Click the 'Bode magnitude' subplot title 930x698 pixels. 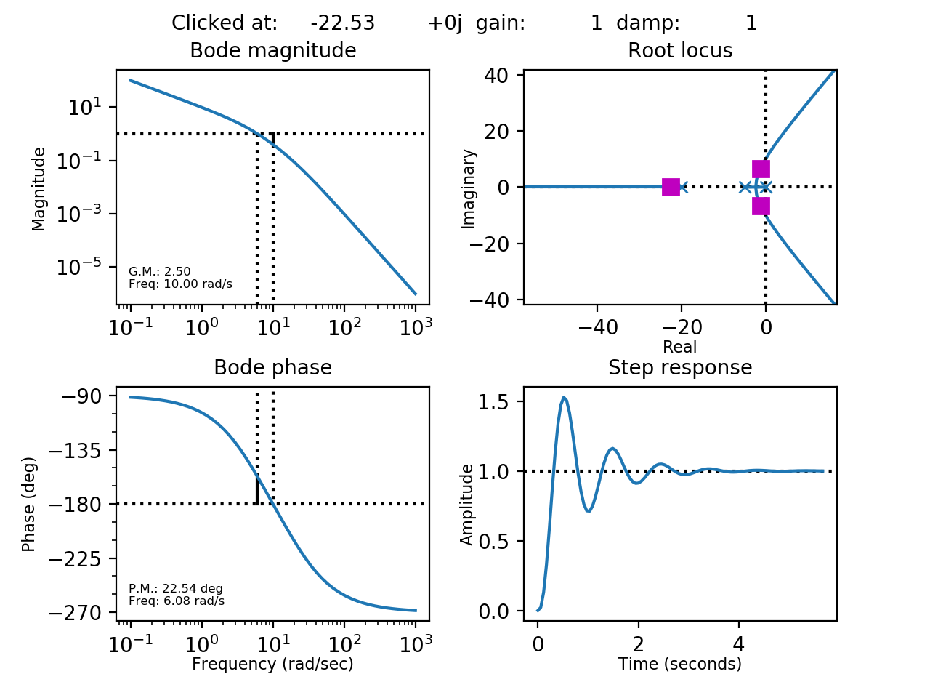point(272,51)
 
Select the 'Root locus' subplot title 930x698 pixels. point(680,51)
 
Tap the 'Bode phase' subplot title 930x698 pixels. point(272,368)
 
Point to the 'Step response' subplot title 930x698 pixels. point(680,368)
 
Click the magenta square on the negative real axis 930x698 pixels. point(671,187)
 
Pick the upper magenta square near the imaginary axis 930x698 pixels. point(761,169)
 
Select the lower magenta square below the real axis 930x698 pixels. point(761,206)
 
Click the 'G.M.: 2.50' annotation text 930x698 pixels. point(160,272)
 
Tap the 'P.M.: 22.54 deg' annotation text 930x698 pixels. point(176,589)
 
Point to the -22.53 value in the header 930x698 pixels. point(343,23)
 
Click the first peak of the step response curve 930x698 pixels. point(564,397)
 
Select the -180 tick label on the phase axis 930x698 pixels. point(81,504)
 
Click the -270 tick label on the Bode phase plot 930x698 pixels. point(81,613)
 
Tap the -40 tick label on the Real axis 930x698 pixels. point(598,328)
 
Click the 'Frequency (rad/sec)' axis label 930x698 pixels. point(272,664)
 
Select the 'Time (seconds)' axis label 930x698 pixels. point(680,664)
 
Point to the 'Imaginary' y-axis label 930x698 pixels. point(469,188)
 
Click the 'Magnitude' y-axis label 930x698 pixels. point(39,188)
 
